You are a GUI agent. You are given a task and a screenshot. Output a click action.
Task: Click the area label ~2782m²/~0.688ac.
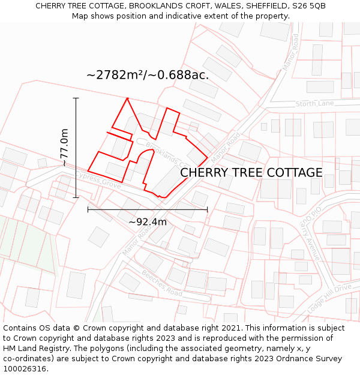(x=148, y=75)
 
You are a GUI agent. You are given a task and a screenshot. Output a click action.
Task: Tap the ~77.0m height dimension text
(x=64, y=148)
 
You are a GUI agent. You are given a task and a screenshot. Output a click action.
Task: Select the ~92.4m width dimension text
(x=148, y=222)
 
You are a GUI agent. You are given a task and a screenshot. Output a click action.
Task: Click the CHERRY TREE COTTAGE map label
(x=251, y=173)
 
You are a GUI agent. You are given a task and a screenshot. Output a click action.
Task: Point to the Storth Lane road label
(x=314, y=104)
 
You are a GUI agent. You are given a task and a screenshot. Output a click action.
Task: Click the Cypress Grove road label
(x=98, y=181)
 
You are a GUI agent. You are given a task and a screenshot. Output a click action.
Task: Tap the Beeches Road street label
(x=162, y=283)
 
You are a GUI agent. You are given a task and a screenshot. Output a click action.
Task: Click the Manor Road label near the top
(x=290, y=52)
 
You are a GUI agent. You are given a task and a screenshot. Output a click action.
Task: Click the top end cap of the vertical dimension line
(x=76, y=98)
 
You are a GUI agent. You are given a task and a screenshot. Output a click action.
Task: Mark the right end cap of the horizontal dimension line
(x=208, y=209)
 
